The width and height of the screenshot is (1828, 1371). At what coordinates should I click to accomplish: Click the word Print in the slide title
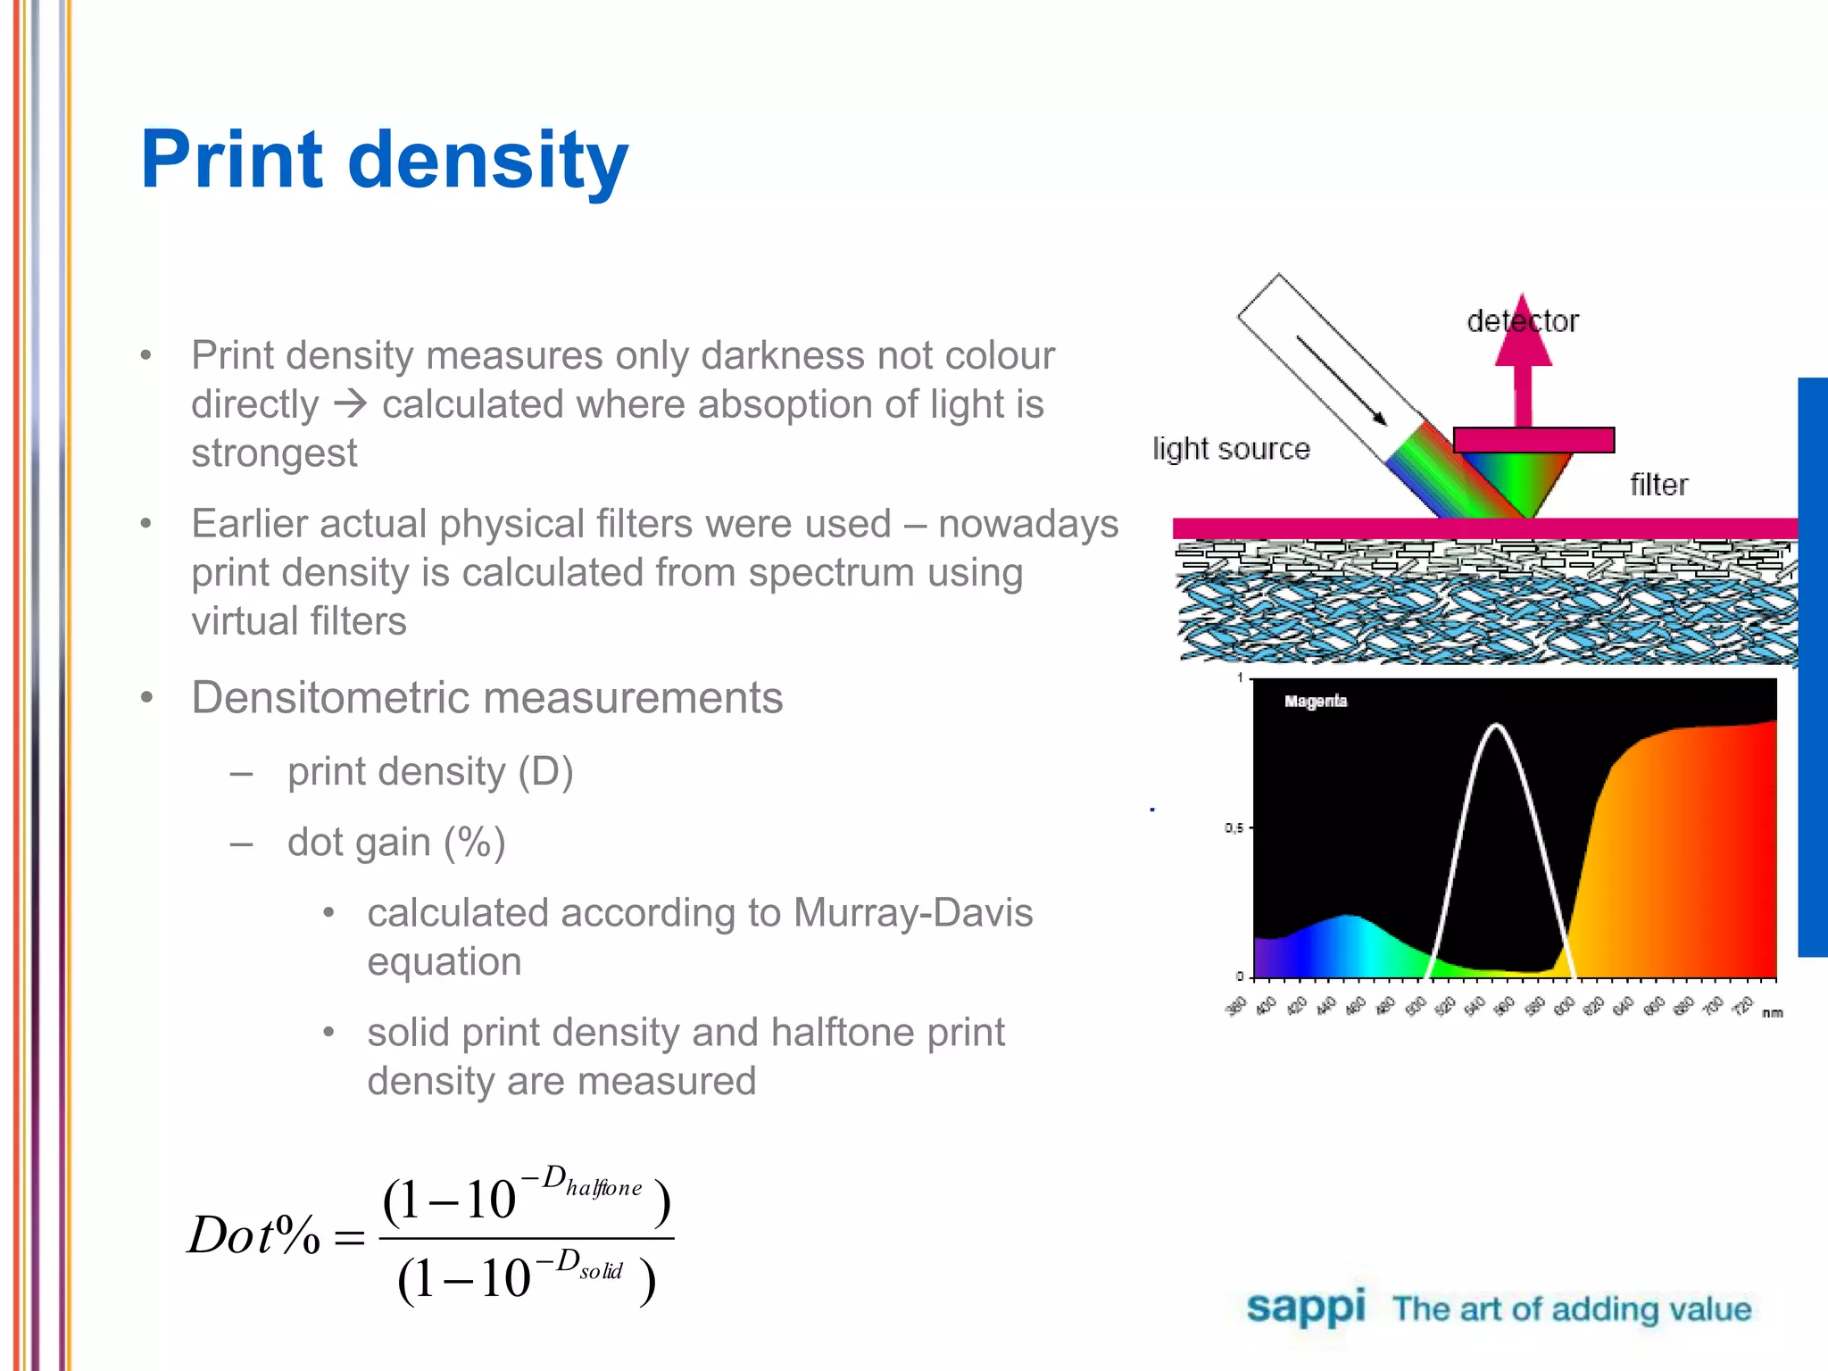pyautogui.click(x=231, y=160)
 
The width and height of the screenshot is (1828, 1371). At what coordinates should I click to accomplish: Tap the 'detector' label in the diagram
pyautogui.click(x=1522, y=321)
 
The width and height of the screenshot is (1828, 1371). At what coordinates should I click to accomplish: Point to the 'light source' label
pyautogui.click(x=1231, y=448)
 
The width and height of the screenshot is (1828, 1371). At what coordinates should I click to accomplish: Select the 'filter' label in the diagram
pyautogui.click(x=1658, y=485)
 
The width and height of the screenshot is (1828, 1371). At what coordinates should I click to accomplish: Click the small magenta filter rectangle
pyautogui.click(x=1533, y=440)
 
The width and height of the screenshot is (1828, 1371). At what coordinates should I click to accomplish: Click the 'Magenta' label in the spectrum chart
pyautogui.click(x=1315, y=702)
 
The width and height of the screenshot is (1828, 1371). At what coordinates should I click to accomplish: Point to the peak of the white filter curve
pyautogui.click(x=1497, y=727)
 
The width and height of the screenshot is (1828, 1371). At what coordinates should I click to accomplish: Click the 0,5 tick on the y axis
pyautogui.click(x=1234, y=828)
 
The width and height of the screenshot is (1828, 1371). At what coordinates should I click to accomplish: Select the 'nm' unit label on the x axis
pyautogui.click(x=1773, y=1012)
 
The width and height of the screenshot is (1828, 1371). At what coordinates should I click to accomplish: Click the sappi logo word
pyautogui.click(x=1305, y=1308)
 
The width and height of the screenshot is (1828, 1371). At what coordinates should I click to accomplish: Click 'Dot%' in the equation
pyautogui.click(x=253, y=1236)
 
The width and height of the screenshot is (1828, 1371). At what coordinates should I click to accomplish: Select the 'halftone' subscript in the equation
pyautogui.click(x=603, y=1188)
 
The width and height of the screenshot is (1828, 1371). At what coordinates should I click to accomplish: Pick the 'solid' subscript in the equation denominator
pyautogui.click(x=601, y=1271)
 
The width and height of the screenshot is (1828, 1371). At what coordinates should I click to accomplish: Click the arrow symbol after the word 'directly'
pyautogui.click(x=350, y=404)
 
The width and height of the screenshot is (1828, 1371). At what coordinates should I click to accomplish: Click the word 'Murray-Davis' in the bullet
pyautogui.click(x=912, y=913)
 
